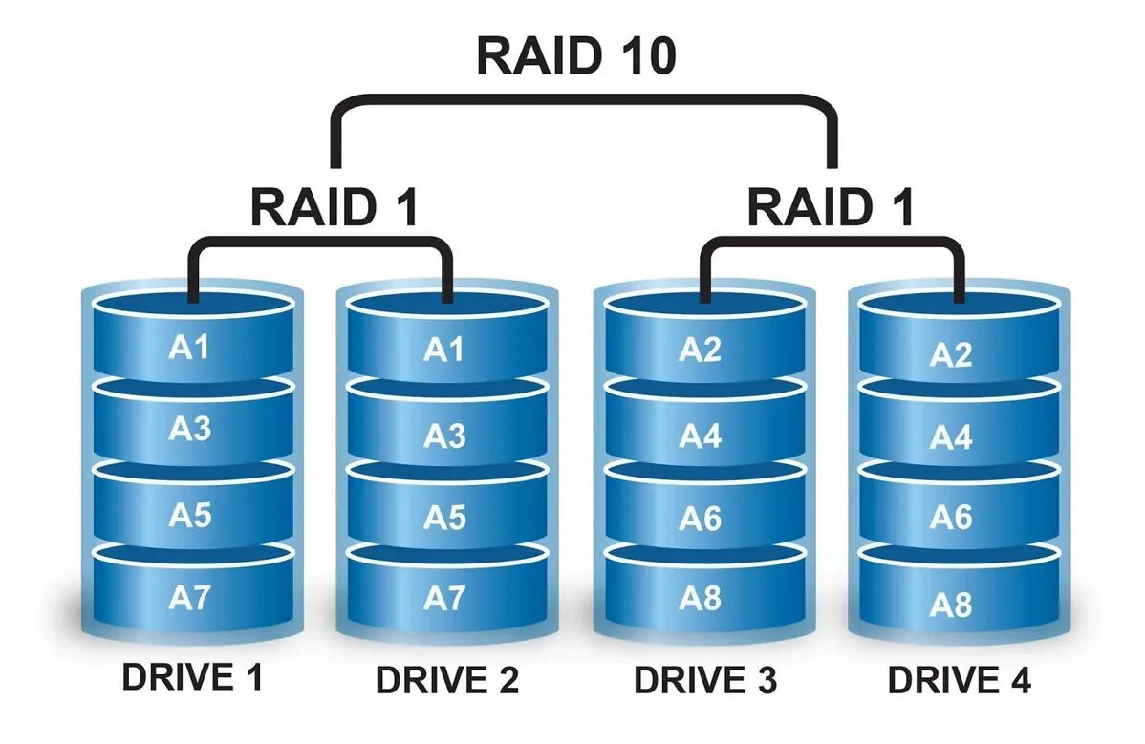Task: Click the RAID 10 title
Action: pyautogui.click(x=576, y=55)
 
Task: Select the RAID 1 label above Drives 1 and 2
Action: pyautogui.click(x=335, y=207)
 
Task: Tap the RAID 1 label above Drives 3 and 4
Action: pyautogui.click(x=831, y=207)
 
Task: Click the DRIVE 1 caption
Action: pyautogui.click(x=192, y=677)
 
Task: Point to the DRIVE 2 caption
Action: pyautogui.click(x=447, y=680)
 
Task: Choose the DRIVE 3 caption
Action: pyautogui.click(x=705, y=680)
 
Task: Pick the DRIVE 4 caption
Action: pyautogui.click(x=960, y=680)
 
